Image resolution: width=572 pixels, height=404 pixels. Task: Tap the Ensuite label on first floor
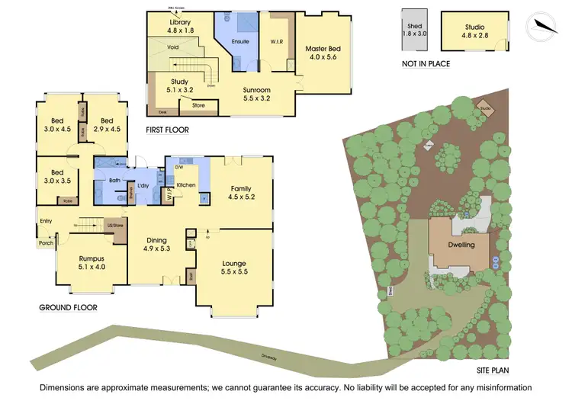[240, 41]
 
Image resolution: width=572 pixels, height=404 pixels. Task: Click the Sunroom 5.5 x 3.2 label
[256, 94]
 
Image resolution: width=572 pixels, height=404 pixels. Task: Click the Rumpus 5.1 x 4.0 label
[92, 263]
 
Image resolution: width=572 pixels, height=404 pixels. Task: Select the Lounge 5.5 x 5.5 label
[234, 268]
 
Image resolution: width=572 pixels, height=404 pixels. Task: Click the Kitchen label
[187, 185]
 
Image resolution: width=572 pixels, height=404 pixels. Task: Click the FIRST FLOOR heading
[167, 130]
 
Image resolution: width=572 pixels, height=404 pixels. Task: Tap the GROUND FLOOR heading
[68, 308]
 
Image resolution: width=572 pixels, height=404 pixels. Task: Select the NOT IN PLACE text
[426, 64]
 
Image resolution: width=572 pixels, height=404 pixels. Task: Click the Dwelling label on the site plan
[461, 245]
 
